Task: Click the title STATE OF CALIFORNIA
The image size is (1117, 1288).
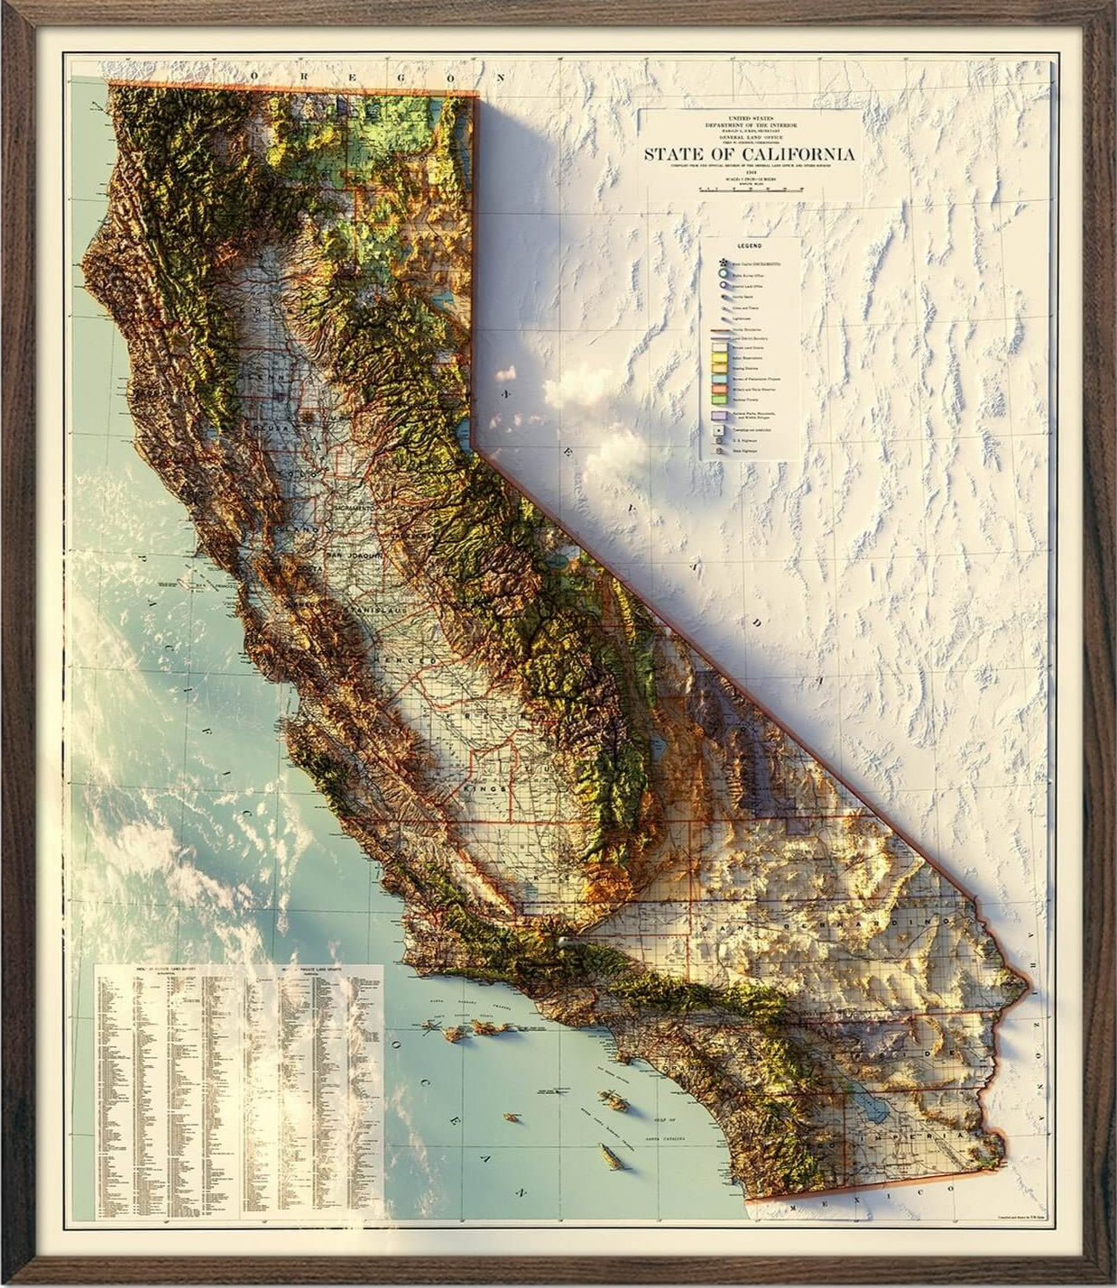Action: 749,152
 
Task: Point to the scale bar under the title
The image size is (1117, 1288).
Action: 750,190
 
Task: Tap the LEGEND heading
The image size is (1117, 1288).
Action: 750,246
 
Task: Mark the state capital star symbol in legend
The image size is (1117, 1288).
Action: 721,262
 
